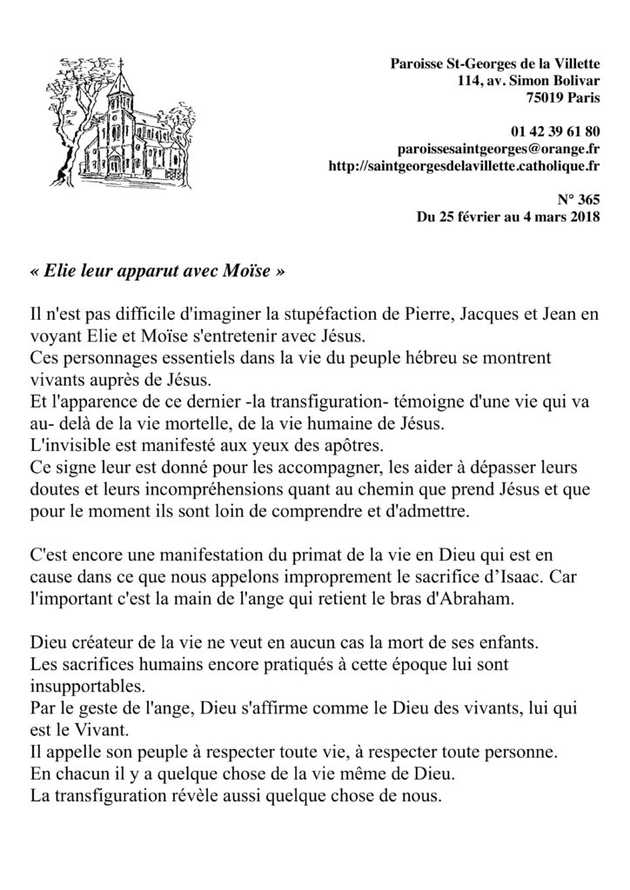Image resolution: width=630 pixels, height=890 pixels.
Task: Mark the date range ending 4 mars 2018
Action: click(509, 216)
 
